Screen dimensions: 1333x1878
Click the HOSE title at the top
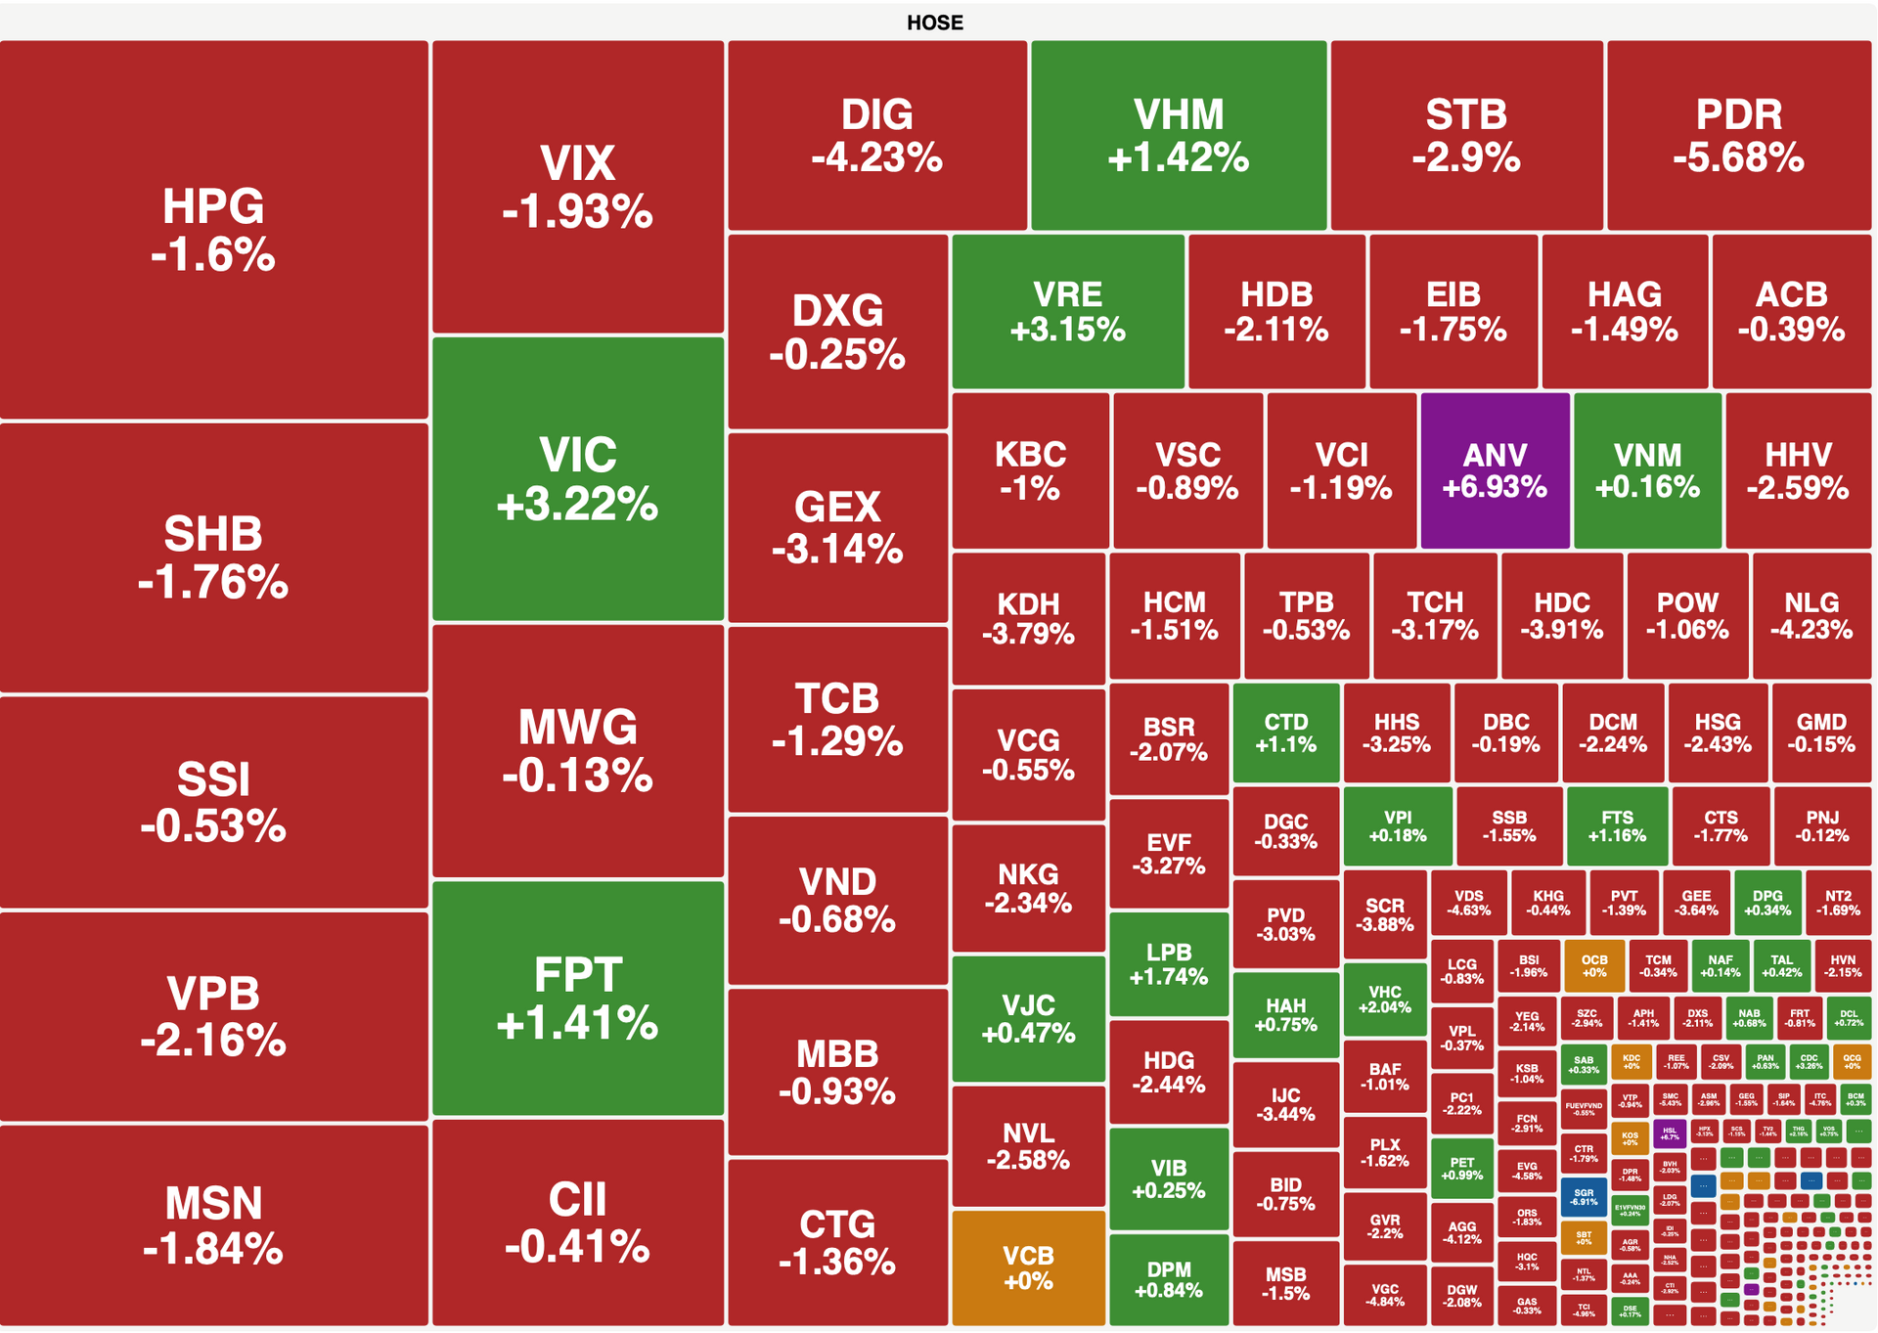click(x=934, y=22)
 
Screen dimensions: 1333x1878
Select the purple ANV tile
click(x=1495, y=470)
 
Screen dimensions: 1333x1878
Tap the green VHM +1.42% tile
click(x=1179, y=136)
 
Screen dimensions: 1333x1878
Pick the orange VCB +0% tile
click(x=1028, y=1267)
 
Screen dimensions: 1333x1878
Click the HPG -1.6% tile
click(x=213, y=230)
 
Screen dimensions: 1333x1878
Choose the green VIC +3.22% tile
click(x=578, y=479)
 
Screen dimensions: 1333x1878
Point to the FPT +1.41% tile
click(x=578, y=999)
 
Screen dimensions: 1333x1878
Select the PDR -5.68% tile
click(x=1738, y=136)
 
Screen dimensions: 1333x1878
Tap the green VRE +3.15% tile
click(x=1067, y=311)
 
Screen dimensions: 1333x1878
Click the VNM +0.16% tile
click(x=1647, y=470)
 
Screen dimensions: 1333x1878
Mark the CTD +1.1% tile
click(x=1285, y=733)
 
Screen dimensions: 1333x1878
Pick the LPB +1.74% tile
click(x=1169, y=964)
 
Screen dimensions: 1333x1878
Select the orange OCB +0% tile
click(x=1593, y=965)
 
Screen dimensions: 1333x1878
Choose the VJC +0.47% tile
click(x=1028, y=1019)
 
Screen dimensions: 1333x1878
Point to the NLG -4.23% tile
click(x=1811, y=616)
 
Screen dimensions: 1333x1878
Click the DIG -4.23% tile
click(x=876, y=136)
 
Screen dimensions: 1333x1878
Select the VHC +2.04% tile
click(x=1384, y=999)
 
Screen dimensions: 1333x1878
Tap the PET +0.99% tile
click(x=1461, y=1169)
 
